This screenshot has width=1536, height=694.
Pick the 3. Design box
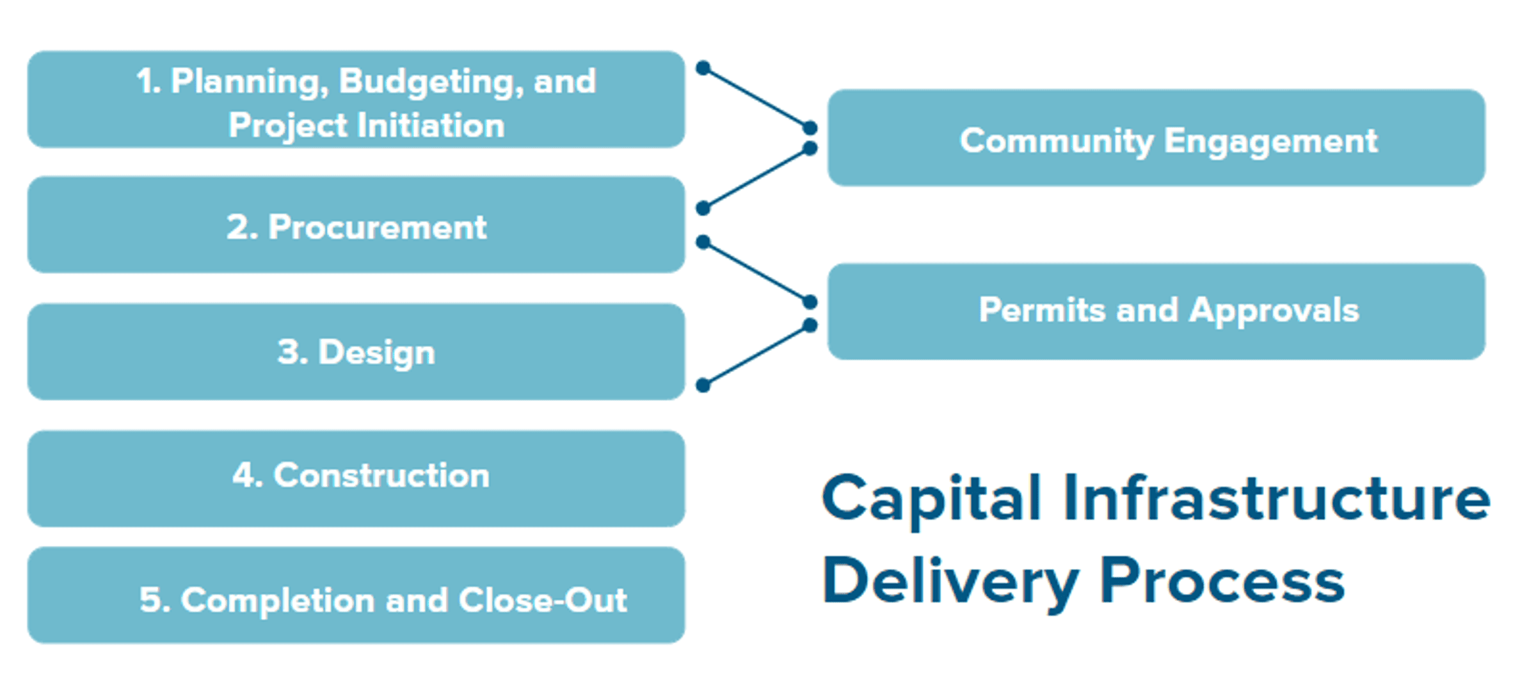coord(356,352)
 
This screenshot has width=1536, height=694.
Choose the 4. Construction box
coord(356,477)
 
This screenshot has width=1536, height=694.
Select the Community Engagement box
coord(1156,138)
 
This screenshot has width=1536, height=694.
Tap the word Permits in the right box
coord(1041,311)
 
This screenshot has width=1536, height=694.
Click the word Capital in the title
coord(932,499)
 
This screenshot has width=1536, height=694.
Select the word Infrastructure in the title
coord(1276,499)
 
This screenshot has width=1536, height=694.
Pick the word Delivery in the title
coord(950,581)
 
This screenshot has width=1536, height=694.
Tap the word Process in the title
coord(1222,581)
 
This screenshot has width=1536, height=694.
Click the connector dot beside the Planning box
coord(703,68)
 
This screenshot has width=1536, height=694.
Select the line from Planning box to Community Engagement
coord(756,98)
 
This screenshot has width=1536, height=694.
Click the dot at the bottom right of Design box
coord(703,385)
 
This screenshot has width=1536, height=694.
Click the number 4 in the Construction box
coord(244,475)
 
